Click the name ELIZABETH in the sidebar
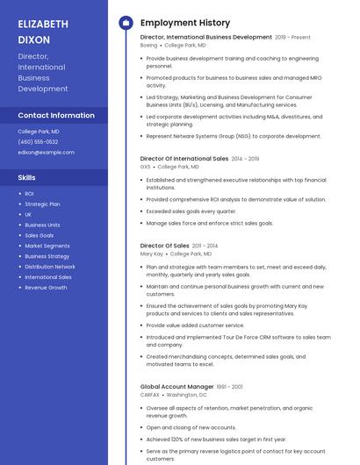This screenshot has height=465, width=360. (x=43, y=24)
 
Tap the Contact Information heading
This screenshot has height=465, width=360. (x=56, y=115)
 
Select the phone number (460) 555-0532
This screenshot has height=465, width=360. (x=38, y=141)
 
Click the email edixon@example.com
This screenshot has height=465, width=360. (x=46, y=152)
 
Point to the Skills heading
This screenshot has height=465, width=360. (x=26, y=177)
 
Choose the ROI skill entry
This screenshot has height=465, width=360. (x=29, y=193)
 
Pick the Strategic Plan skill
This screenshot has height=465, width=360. (x=42, y=204)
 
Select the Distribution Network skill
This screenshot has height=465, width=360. (x=50, y=267)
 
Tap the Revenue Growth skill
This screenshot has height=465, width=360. (x=46, y=288)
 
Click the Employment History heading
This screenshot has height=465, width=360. (x=185, y=23)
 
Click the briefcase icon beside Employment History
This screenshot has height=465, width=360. (x=125, y=23)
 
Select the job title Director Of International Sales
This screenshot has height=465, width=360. (x=184, y=159)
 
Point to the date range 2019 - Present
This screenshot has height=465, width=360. (x=292, y=38)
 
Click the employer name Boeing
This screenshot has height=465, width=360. (x=149, y=45)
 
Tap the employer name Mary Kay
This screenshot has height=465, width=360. (x=152, y=253)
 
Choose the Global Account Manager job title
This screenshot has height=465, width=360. (x=177, y=386)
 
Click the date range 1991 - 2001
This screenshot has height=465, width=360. (x=230, y=386)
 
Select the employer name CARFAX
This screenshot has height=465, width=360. (x=151, y=395)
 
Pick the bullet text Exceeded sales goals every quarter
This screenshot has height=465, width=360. (x=191, y=211)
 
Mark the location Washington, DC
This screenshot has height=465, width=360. (x=187, y=395)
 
